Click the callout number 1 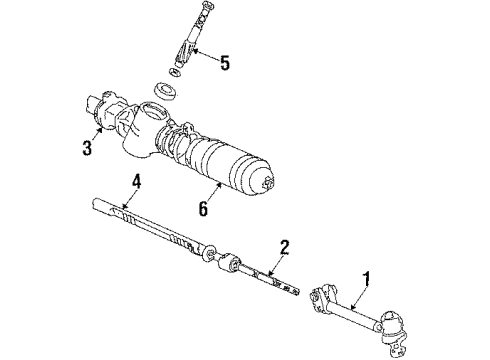(x=367, y=279)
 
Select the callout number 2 (x=284, y=248)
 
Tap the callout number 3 (x=87, y=148)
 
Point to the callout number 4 (x=136, y=182)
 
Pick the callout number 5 (x=225, y=63)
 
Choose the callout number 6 (x=203, y=209)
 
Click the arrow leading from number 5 (x=206, y=55)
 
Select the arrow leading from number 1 (x=360, y=297)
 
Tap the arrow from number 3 (x=96, y=134)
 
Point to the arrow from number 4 (x=130, y=199)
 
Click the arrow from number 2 (x=275, y=266)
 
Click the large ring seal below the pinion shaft (x=166, y=90)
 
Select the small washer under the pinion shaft (x=175, y=72)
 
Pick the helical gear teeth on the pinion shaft (x=183, y=53)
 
